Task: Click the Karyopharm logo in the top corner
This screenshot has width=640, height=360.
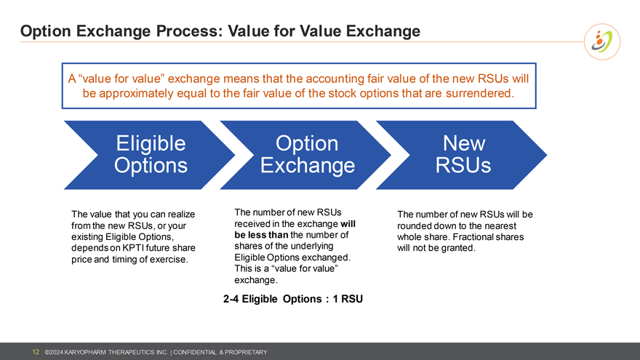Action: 603,42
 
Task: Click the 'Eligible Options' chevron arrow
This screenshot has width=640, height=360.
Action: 150,154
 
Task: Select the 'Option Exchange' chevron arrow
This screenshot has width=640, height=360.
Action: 307,154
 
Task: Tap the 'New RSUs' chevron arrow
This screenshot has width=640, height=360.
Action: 463,154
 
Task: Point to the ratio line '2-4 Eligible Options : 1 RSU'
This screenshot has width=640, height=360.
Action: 292,299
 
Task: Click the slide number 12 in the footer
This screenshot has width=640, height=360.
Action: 35,353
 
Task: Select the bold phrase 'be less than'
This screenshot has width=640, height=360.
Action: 260,235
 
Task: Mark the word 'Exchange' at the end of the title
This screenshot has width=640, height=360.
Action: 385,31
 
